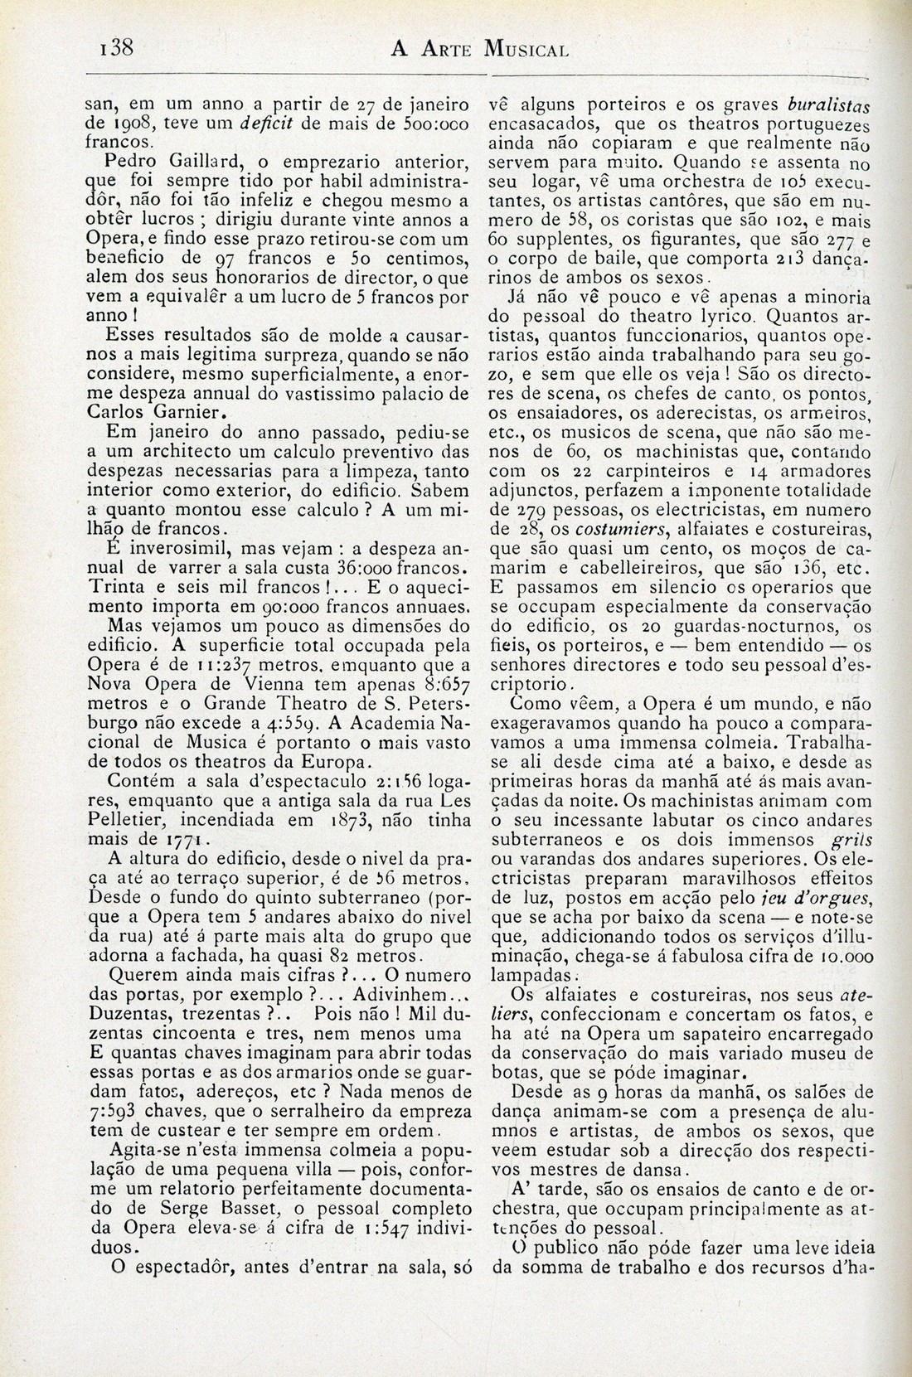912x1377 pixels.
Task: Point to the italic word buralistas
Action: pos(830,106)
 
